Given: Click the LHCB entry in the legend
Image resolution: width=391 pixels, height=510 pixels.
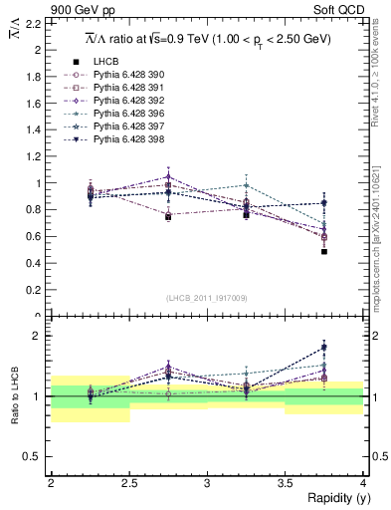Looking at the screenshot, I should [103, 61].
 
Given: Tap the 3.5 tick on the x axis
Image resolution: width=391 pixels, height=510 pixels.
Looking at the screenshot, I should [285, 482].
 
